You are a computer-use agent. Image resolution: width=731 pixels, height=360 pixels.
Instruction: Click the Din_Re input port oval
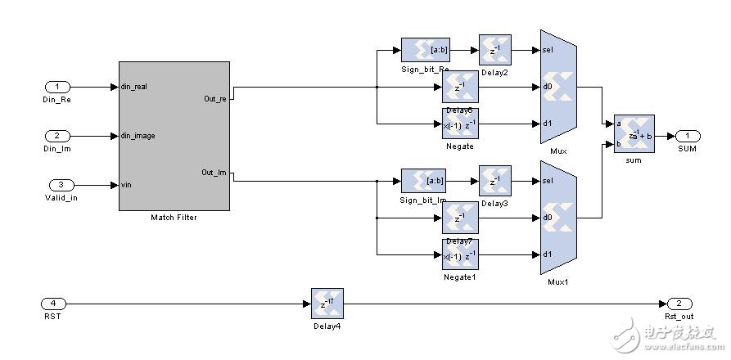tap(57, 87)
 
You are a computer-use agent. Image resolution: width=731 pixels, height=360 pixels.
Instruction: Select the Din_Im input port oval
tap(57, 136)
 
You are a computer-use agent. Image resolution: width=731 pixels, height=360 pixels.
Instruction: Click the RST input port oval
tap(57, 303)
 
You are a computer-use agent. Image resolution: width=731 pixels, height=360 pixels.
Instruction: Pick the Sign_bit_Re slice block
tap(425, 50)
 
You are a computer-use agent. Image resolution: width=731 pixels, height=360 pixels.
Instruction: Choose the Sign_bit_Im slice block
tap(425, 181)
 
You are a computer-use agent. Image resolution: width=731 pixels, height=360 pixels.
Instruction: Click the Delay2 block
tap(494, 50)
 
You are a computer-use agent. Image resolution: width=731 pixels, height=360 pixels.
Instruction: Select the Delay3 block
tap(494, 181)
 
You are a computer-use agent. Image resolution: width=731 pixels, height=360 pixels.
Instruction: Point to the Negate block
tap(460, 124)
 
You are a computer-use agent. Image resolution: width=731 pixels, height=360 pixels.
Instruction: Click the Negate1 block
tap(460, 254)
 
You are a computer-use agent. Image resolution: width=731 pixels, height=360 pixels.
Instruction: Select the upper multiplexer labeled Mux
tap(559, 87)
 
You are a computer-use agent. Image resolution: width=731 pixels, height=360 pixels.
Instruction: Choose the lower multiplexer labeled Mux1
tap(559, 218)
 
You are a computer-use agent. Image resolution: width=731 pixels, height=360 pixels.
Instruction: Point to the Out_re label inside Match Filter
tap(216, 99)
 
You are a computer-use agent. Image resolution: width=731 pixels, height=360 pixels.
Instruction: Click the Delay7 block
tap(460, 218)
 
